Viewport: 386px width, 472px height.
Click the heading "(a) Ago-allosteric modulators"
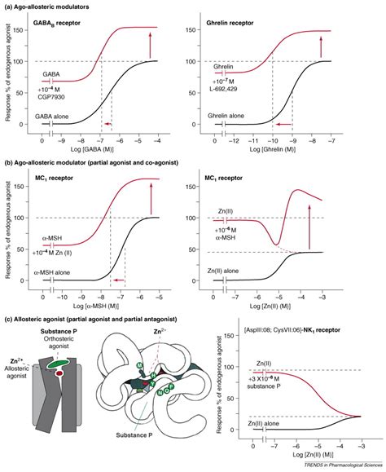pos(51,7)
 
